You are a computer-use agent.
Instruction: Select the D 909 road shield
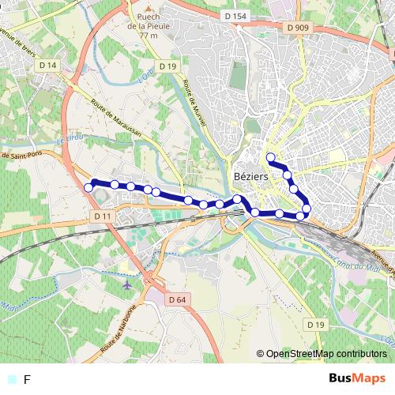(298, 27)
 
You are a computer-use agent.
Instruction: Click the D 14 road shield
(48, 65)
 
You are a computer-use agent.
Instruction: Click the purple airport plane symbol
(129, 283)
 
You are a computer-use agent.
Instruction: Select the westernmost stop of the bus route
(88, 187)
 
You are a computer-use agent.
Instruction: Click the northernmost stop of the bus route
(271, 156)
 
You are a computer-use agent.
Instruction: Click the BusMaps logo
(357, 378)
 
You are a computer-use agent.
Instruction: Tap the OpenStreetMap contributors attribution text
(325, 354)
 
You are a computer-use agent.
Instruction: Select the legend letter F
(28, 380)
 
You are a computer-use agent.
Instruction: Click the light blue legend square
(11, 380)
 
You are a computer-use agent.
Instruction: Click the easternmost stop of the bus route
(307, 209)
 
